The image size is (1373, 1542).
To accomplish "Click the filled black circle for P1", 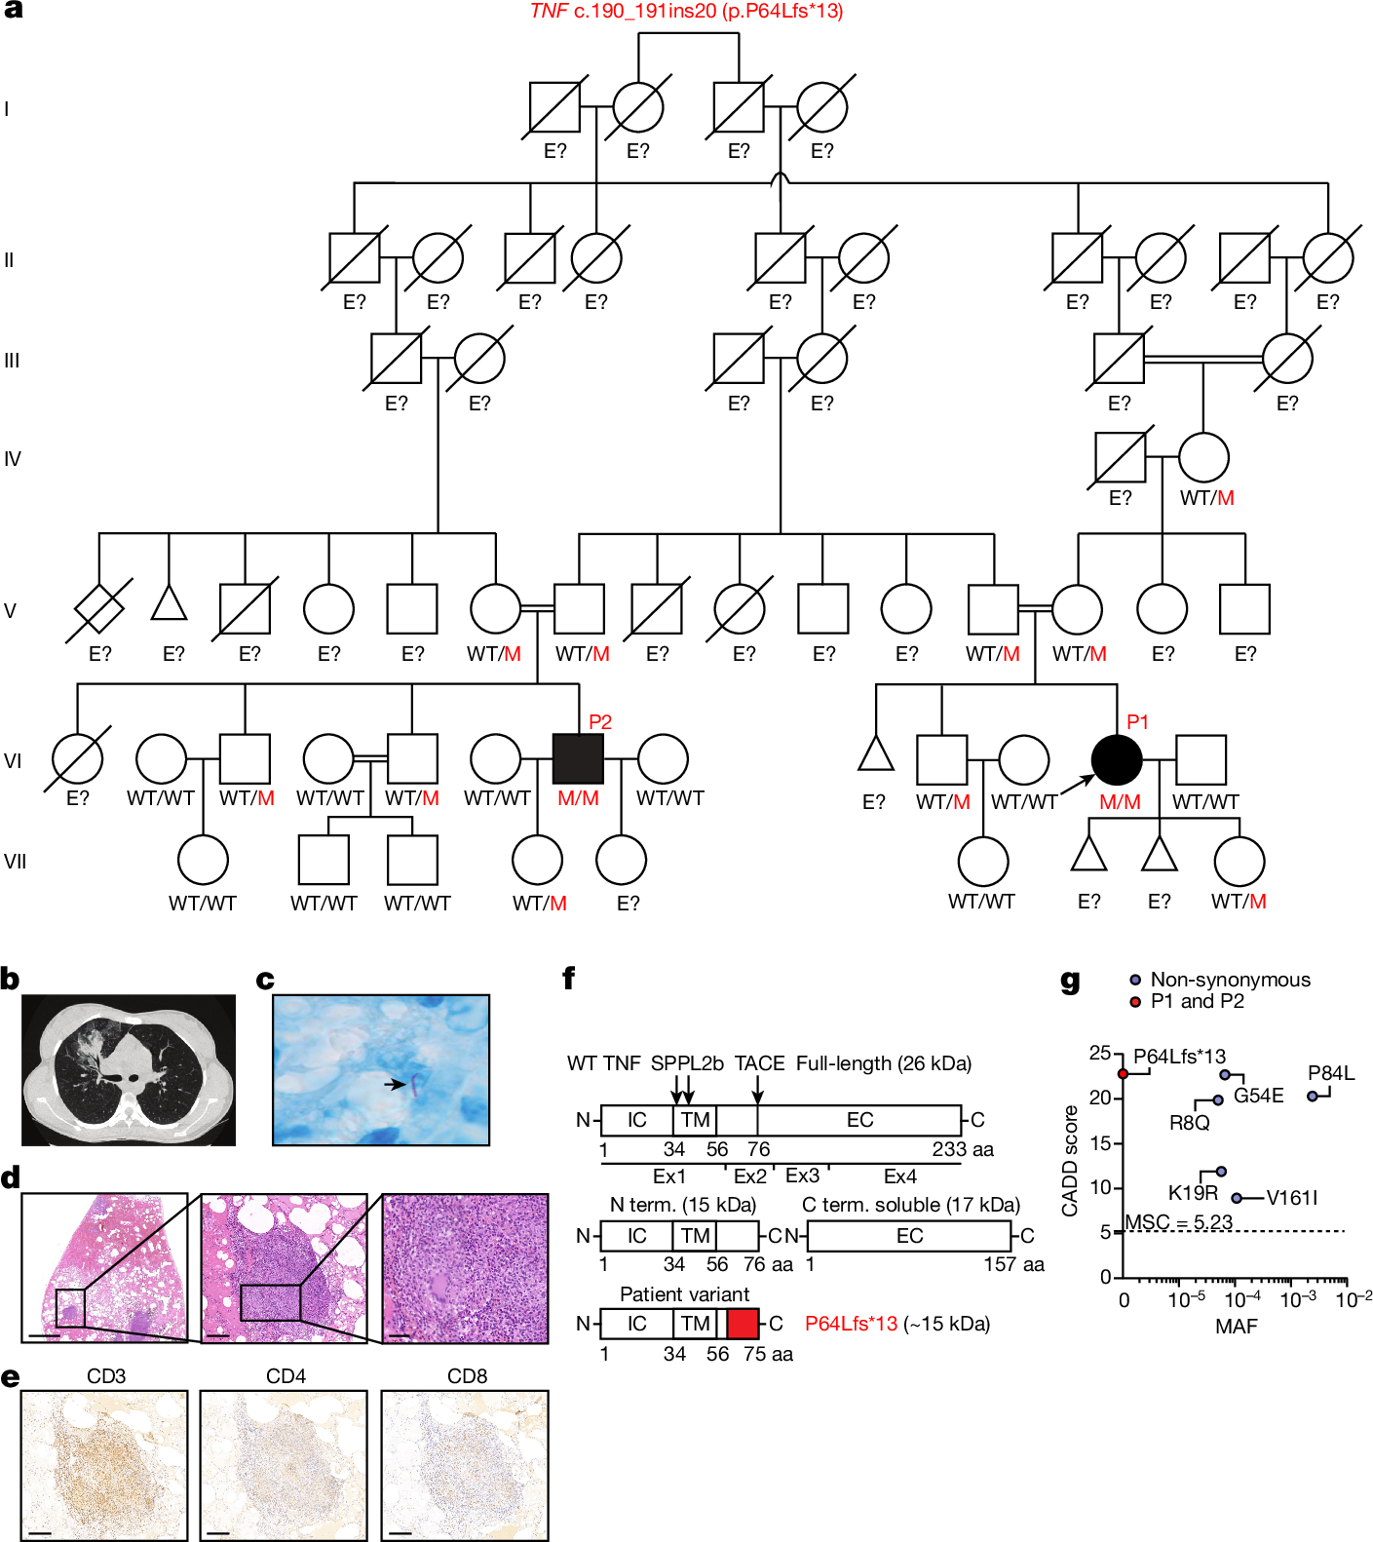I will coord(1117,759).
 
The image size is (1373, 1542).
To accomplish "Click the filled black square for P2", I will coord(579,759).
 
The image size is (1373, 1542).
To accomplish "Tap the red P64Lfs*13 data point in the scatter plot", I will coord(1124,1073).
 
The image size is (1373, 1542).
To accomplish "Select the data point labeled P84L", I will coord(1313,1097).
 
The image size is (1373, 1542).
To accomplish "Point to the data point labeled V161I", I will coord(1237,1198).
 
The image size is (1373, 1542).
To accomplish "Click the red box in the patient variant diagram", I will coord(743,1324).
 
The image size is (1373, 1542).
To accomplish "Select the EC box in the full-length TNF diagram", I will coord(859,1120).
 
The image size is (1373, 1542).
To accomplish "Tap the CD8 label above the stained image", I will coord(467,1376).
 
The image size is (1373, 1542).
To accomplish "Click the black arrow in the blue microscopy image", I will coord(395,1084).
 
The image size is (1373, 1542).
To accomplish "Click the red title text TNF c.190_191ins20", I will coord(686,12).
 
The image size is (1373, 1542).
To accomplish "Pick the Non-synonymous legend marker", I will coord(1135,980).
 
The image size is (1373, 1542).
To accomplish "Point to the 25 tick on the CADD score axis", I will coord(1100,1053).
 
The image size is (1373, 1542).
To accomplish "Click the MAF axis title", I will coord(1236,1327).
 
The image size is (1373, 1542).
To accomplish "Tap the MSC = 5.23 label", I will coord(1179,1222).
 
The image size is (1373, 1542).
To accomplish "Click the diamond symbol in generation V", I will coord(99,610).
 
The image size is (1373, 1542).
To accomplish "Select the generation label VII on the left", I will coord(15,862).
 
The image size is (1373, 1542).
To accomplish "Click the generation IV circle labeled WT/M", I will coord(1203,457).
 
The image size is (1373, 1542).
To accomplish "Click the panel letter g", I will coord(1070,981).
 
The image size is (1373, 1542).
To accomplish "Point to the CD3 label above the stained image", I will coord(106,1376).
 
